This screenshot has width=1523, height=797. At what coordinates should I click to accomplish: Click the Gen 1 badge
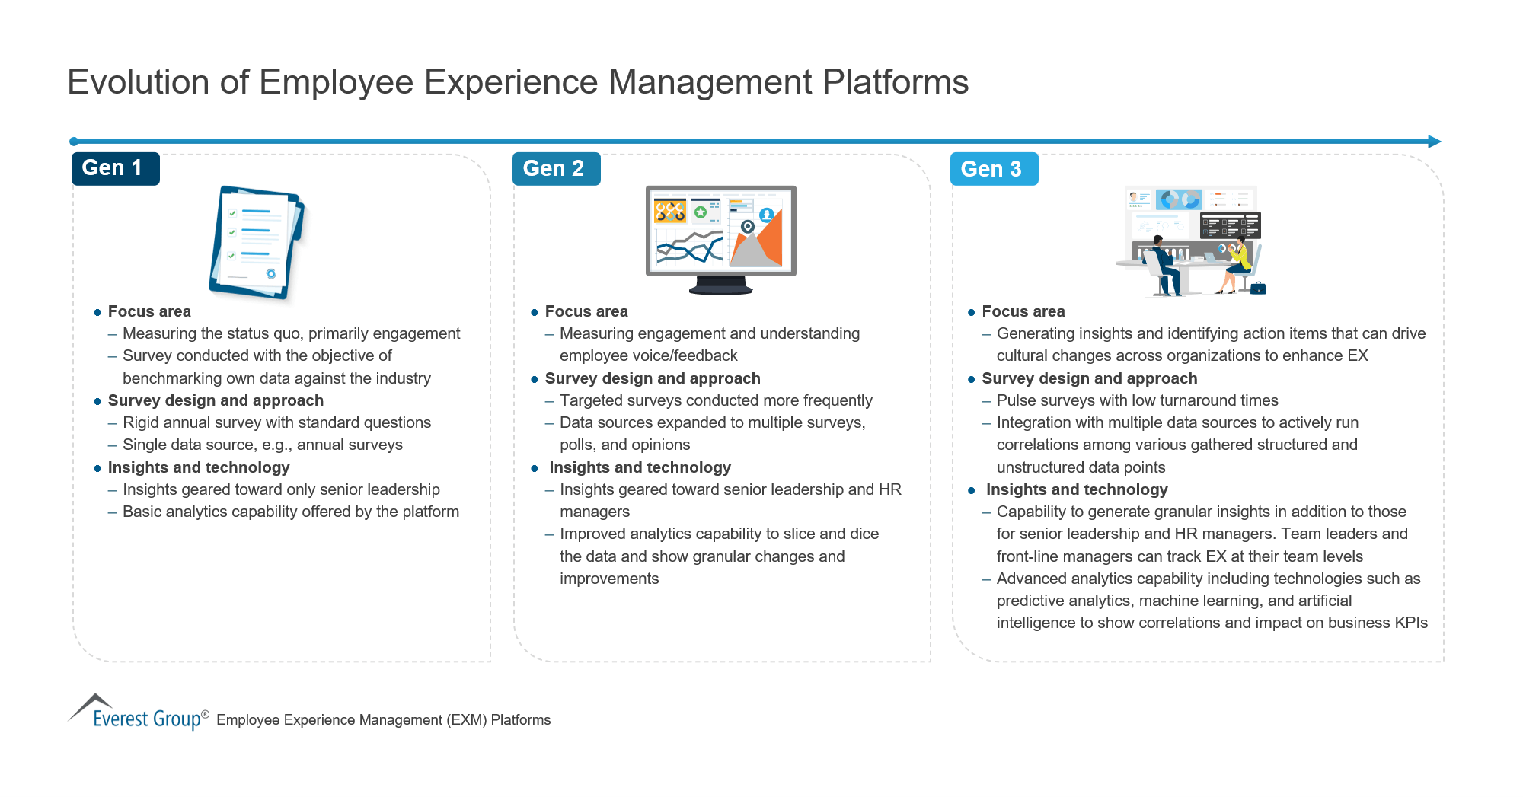click(x=115, y=168)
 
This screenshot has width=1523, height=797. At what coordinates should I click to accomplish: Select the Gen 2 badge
click(x=556, y=168)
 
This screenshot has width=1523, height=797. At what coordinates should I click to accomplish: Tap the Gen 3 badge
click(x=993, y=169)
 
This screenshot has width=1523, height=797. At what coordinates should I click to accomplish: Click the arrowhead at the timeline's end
click(x=1434, y=142)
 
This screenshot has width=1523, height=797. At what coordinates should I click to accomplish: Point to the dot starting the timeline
click(x=74, y=142)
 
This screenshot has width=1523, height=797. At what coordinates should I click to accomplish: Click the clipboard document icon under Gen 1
click(x=256, y=241)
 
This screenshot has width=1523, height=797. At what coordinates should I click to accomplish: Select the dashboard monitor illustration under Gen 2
click(x=720, y=238)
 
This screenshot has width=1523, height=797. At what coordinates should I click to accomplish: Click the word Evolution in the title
click(x=138, y=82)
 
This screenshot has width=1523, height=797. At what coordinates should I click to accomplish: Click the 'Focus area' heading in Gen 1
click(x=149, y=311)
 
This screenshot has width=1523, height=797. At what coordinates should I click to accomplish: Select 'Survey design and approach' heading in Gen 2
click(x=652, y=378)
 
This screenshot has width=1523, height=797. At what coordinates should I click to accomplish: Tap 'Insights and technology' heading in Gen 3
click(x=1076, y=489)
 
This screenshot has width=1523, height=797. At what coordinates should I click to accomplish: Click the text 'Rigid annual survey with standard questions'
click(x=276, y=422)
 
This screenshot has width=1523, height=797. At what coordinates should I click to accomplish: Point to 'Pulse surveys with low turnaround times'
click(x=1137, y=400)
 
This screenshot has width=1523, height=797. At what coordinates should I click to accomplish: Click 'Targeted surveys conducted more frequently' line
click(x=715, y=400)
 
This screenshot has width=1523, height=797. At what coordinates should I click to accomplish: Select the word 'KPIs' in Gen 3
click(x=1410, y=623)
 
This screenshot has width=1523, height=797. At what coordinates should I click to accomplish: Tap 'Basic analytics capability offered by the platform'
click(x=290, y=512)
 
